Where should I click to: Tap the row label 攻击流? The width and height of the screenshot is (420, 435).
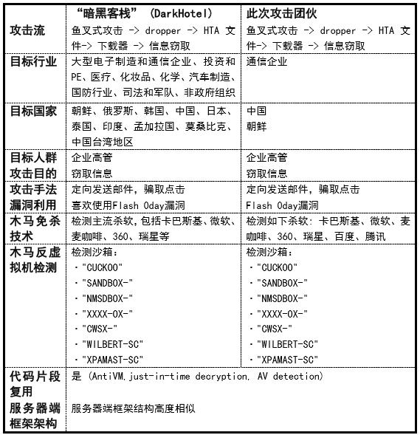(x=27, y=30)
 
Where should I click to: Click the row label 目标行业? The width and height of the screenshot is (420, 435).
(x=33, y=61)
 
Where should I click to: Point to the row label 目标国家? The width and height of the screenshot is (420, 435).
(x=33, y=111)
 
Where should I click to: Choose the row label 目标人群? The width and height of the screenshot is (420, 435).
(x=33, y=158)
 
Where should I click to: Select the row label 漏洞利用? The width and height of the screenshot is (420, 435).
(x=33, y=205)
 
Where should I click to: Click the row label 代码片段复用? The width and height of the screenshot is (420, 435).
(x=33, y=383)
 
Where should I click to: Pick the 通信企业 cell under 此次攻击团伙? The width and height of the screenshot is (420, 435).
(x=267, y=62)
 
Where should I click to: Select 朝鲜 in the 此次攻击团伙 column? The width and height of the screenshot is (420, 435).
(x=256, y=126)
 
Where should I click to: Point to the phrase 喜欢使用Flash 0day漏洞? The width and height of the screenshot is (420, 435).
(x=128, y=205)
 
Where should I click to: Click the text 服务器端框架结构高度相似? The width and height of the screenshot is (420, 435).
(x=134, y=408)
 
